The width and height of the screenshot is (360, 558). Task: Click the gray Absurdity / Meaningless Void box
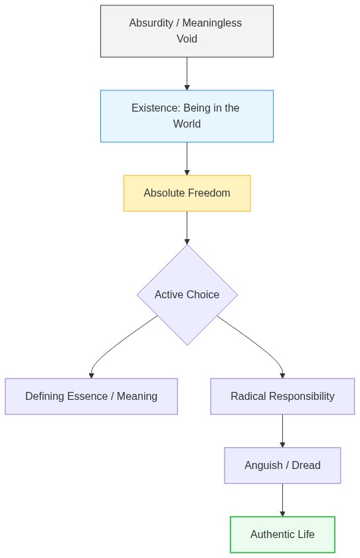click(187, 31)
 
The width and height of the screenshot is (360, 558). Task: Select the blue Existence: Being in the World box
click(187, 116)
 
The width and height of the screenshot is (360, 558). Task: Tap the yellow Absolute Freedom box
click(187, 193)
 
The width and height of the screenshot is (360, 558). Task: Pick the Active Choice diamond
click(187, 294)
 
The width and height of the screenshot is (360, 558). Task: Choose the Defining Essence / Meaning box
click(91, 397)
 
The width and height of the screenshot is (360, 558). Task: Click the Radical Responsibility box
click(282, 397)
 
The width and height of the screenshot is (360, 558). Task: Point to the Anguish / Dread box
click(282, 466)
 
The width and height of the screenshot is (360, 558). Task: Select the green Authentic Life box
click(282, 535)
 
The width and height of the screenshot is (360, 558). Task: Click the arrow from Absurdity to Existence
click(187, 73)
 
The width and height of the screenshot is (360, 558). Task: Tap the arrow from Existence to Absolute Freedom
click(187, 158)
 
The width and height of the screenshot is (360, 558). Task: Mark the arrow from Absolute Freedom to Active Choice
click(187, 228)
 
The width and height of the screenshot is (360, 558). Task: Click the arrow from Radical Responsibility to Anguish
click(282, 430)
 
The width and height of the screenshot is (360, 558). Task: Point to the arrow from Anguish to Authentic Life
click(282, 500)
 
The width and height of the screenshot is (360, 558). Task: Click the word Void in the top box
click(187, 39)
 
